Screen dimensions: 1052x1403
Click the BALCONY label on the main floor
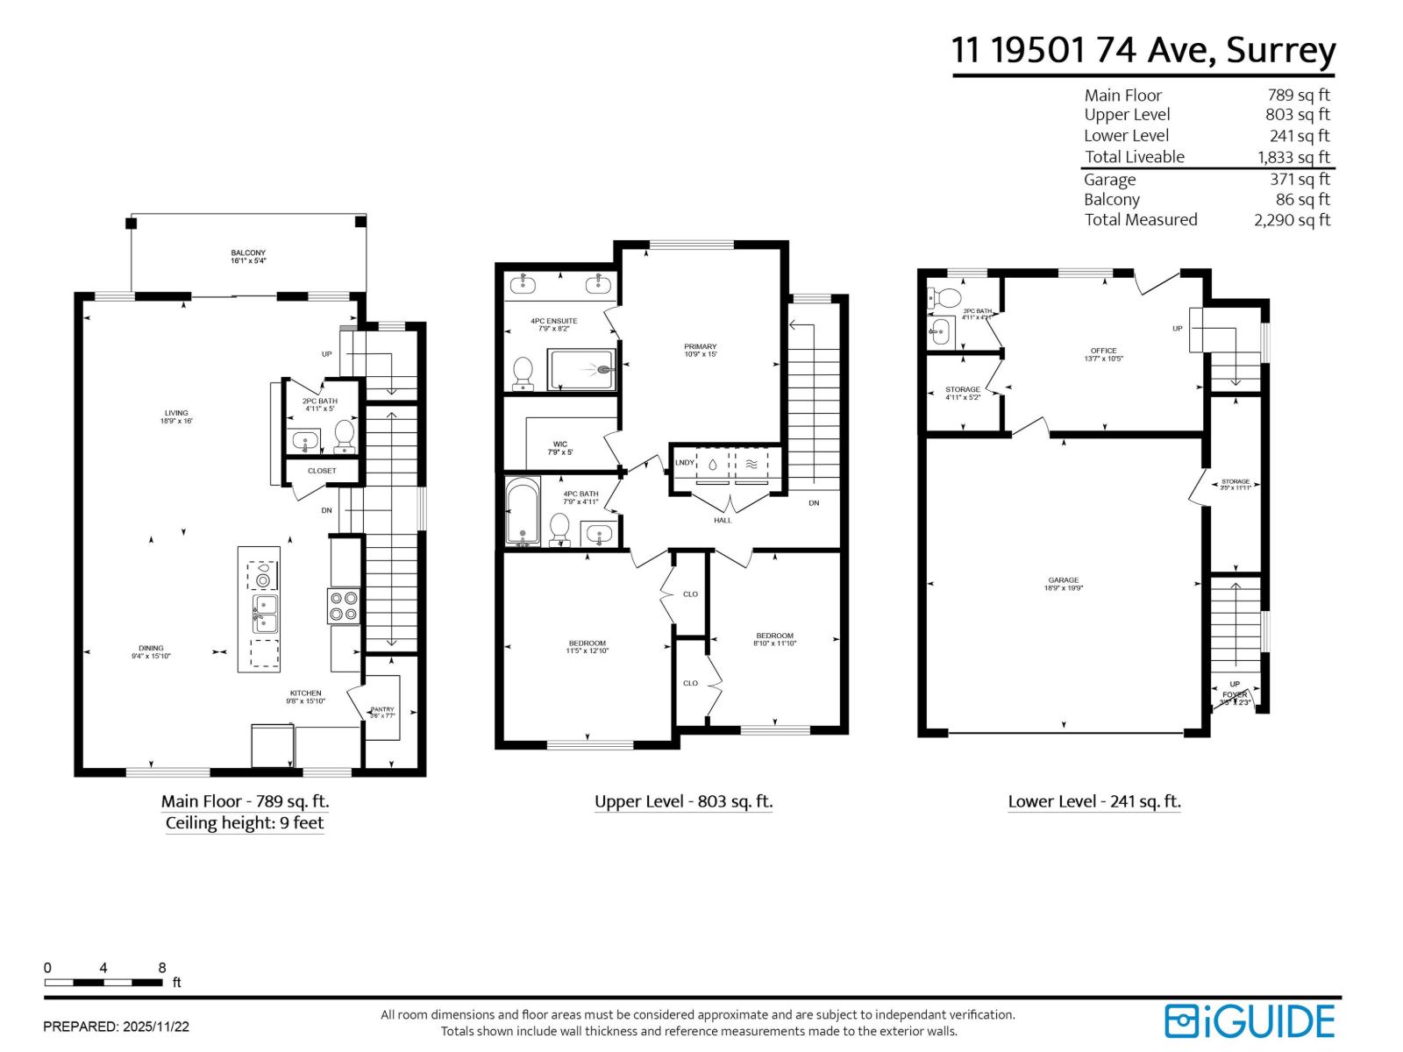[248, 253]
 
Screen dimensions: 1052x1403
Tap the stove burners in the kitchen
[344, 606]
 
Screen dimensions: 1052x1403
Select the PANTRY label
[382, 709]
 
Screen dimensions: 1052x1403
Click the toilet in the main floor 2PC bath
[345, 435]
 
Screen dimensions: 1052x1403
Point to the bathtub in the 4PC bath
[523, 511]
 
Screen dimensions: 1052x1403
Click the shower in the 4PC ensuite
[581, 369]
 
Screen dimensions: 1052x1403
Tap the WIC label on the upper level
[560, 444]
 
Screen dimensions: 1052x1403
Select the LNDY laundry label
[684, 463]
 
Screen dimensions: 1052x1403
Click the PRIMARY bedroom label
[701, 347]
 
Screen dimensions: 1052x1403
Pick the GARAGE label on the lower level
[1064, 580]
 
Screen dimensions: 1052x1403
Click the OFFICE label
[1103, 351]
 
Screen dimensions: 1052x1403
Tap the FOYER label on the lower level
[1235, 694]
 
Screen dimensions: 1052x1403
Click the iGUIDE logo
[1249, 1021]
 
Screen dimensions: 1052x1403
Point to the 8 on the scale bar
[162, 968]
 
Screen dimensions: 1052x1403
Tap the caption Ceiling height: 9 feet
[245, 822]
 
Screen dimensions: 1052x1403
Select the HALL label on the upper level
[723, 520]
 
